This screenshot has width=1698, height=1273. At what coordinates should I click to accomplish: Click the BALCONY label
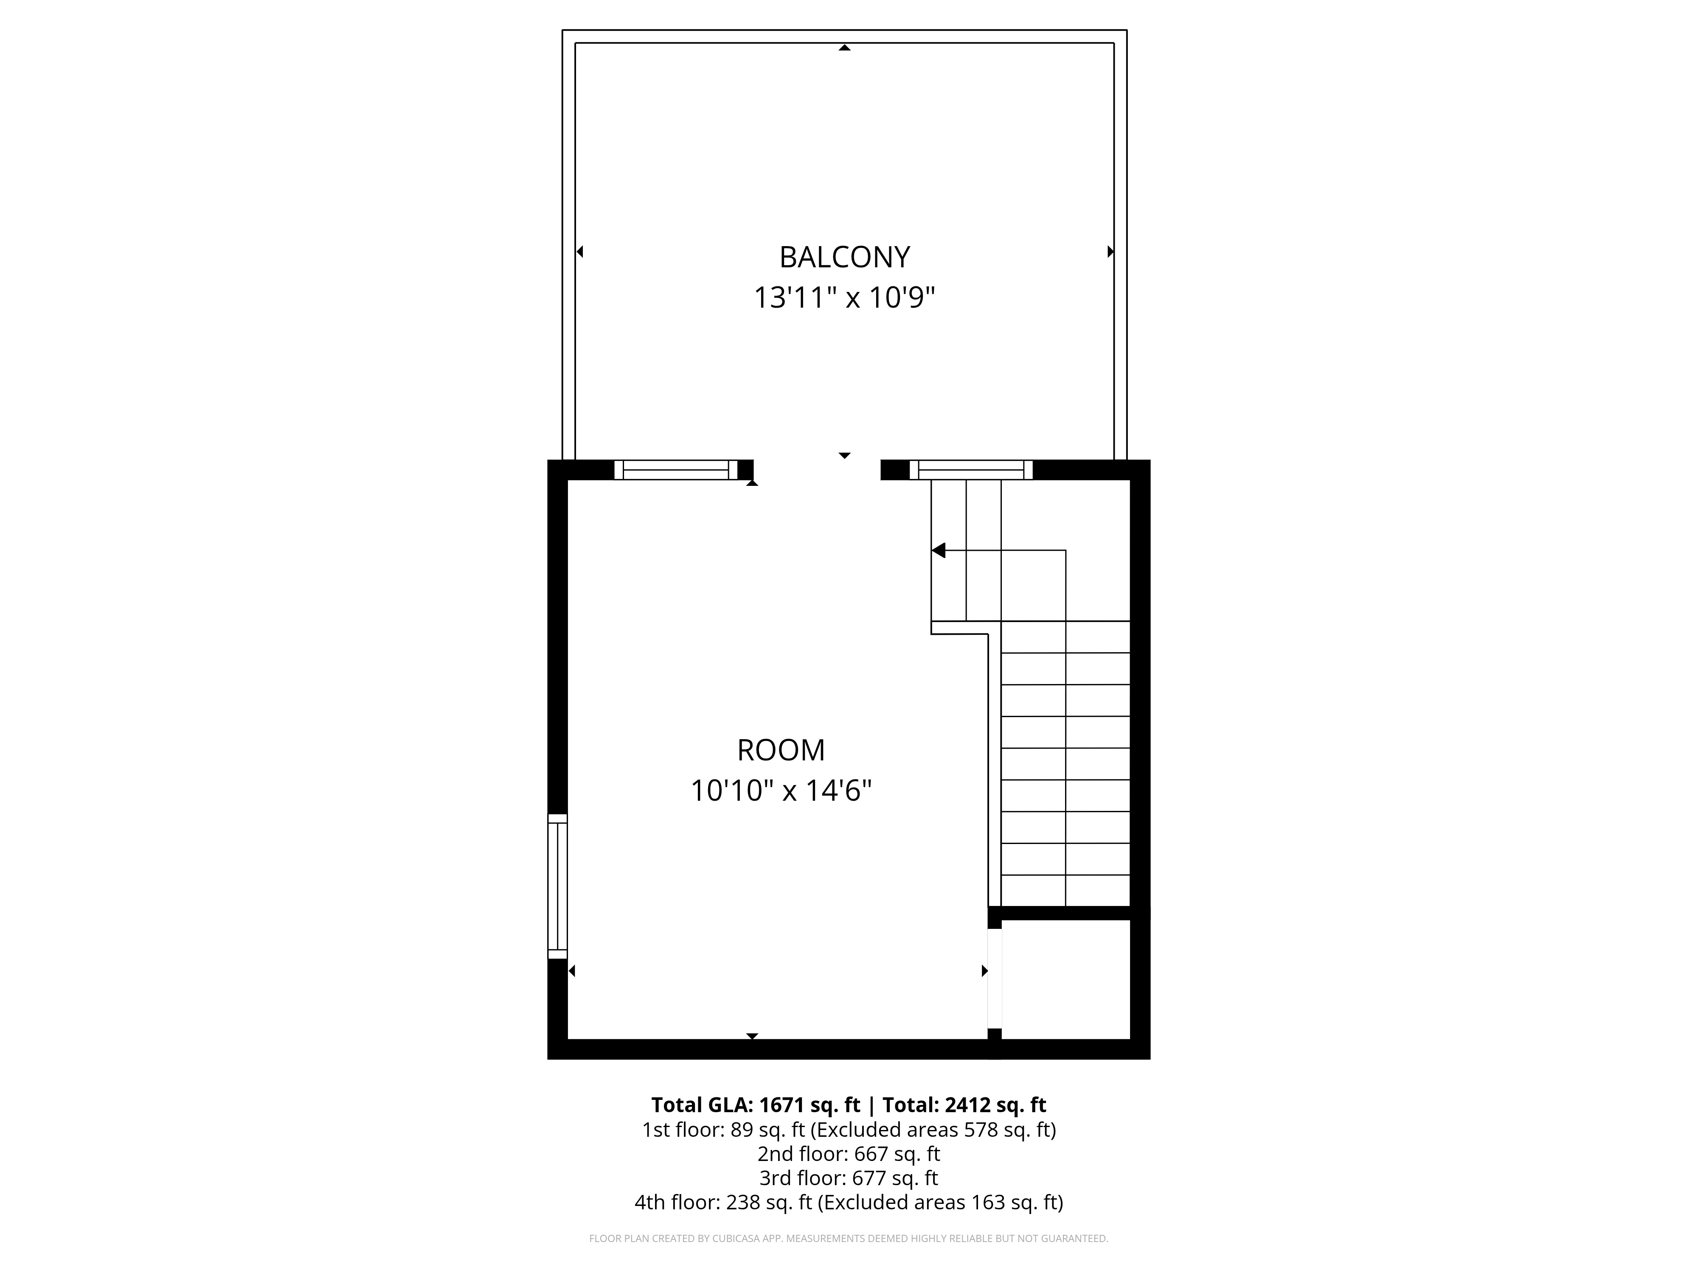844,257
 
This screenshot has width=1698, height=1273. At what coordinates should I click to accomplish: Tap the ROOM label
781,750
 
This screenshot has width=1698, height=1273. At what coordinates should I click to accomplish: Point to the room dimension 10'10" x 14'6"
781,791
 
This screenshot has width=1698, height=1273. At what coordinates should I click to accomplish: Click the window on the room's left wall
557,886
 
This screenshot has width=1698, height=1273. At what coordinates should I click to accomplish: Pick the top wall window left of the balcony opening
675,470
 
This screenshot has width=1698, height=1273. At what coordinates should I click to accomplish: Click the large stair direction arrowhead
938,550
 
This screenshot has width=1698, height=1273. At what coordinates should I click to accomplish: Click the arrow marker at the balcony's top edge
844,48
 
